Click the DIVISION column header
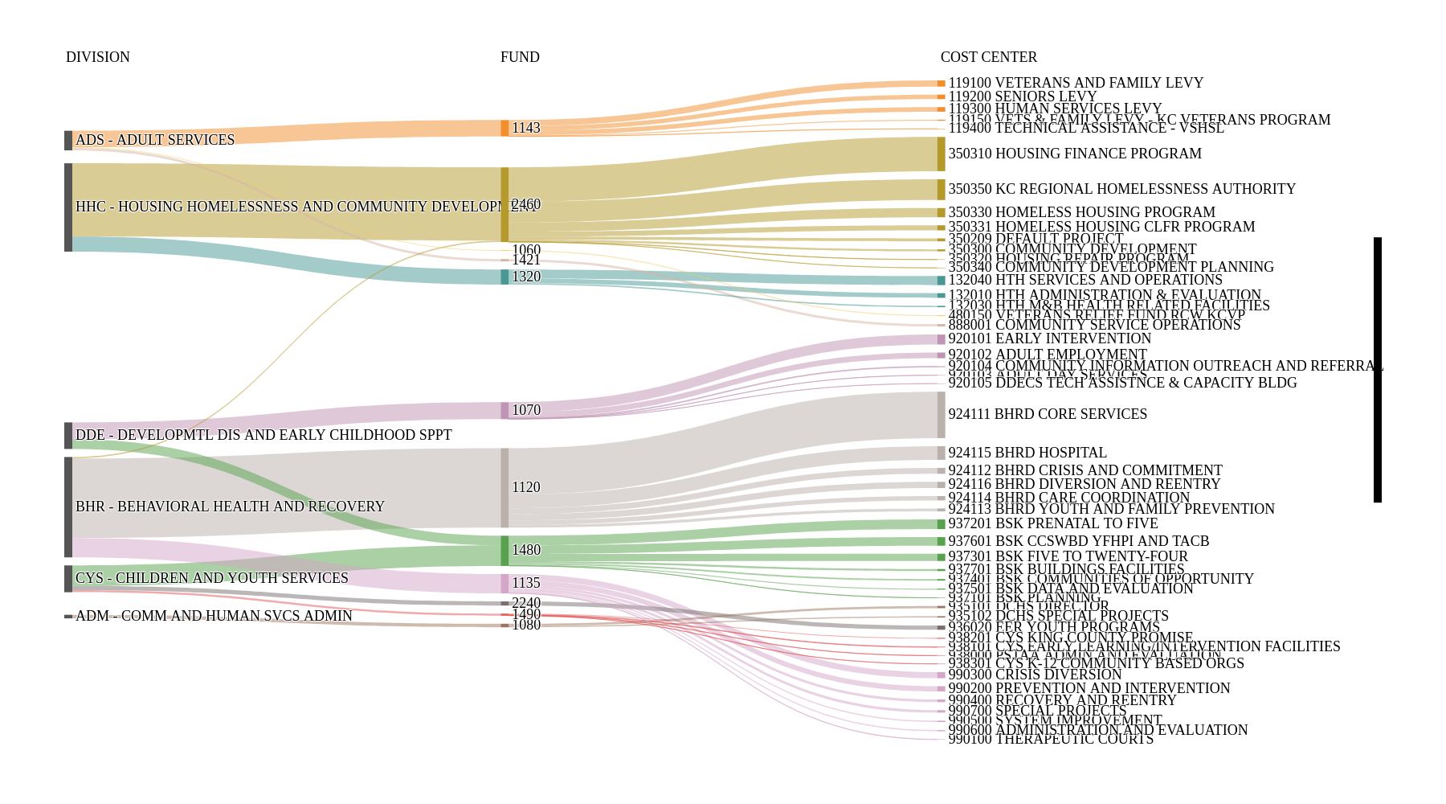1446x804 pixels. click(97, 57)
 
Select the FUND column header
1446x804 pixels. click(520, 57)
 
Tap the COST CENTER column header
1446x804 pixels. click(988, 57)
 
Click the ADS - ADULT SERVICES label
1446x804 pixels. click(155, 140)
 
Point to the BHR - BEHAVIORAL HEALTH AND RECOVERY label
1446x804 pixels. click(230, 507)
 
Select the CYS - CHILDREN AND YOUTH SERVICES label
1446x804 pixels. click(212, 578)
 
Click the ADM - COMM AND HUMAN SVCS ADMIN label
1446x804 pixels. click(214, 616)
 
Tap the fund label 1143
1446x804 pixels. click(526, 128)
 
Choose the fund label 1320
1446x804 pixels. click(526, 277)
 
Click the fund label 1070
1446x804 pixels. click(526, 410)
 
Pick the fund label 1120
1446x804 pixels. click(526, 487)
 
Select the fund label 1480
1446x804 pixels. click(526, 550)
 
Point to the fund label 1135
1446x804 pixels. click(526, 583)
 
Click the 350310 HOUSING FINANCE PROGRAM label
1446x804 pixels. click(1075, 154)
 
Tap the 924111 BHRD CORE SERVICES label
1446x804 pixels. click(1048, 414)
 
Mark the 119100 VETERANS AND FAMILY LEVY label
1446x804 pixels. click(1076, 83)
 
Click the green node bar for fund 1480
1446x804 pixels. click(504, 551)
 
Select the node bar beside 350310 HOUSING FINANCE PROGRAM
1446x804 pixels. click(941, 154)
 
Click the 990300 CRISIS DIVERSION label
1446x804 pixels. click(1035, 675)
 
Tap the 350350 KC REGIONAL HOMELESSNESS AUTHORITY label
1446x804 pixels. click(1121, 189)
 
